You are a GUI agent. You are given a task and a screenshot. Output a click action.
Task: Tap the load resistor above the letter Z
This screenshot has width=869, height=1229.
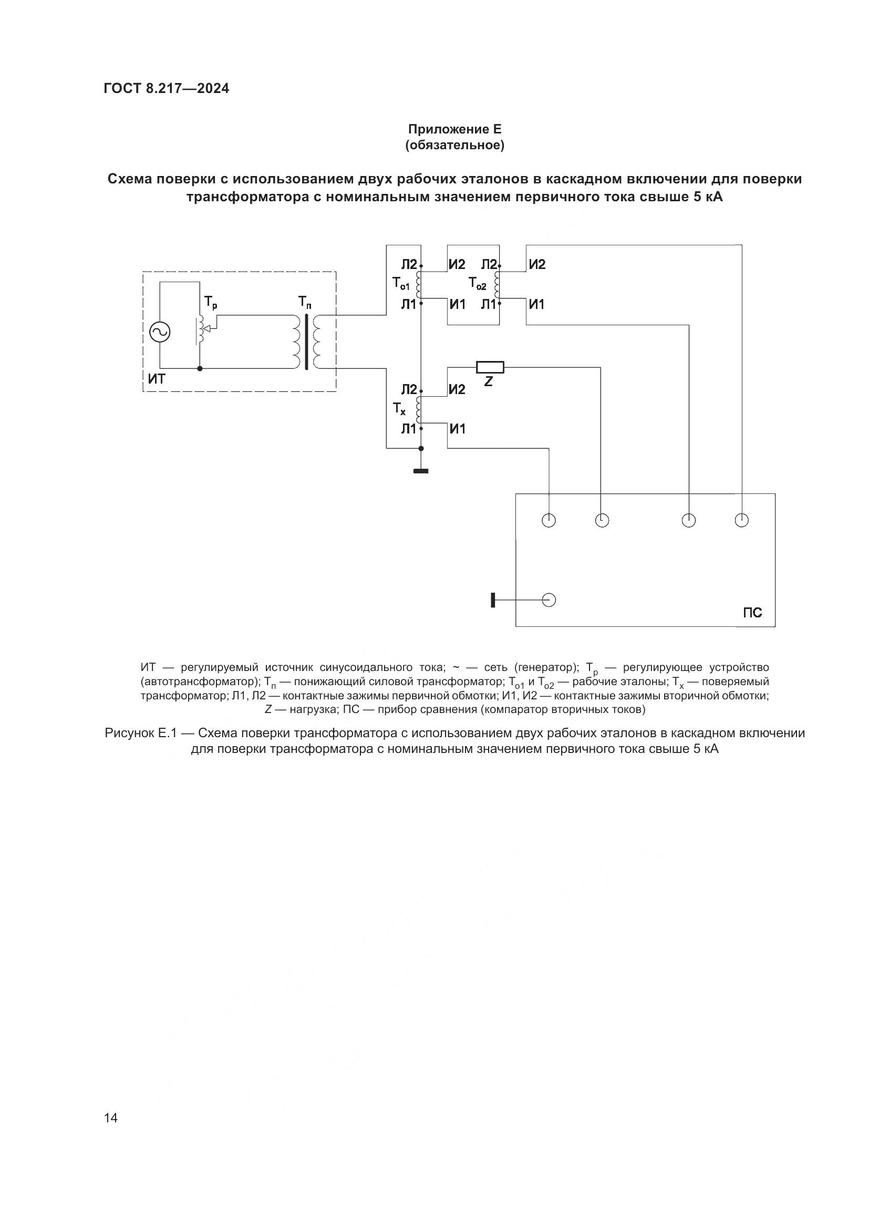coord(490,367)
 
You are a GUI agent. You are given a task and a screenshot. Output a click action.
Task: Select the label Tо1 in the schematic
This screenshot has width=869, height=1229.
coord(401,283)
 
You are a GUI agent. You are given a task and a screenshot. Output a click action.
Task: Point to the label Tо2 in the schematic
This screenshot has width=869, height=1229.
coord(477,283)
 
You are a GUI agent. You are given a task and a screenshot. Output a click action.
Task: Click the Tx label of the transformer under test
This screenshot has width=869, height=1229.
coord(399,409)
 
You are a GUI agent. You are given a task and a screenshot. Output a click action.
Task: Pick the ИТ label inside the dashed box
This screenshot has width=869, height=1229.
coord(157,379)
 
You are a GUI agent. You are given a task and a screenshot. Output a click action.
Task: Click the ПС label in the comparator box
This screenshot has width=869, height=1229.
coord(752,613)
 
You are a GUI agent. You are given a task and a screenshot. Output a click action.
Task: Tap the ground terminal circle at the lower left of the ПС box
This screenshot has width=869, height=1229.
coord(549,600)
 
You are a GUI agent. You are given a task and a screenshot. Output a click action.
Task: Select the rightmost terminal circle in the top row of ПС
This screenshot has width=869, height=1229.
coord(741,520)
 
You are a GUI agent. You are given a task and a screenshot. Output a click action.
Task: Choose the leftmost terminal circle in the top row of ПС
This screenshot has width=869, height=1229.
coord(549,520)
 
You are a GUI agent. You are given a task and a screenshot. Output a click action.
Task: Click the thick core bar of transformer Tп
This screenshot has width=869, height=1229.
coord(307,342)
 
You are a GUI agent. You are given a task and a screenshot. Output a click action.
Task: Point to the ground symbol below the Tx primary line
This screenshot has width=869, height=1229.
coord(421,471)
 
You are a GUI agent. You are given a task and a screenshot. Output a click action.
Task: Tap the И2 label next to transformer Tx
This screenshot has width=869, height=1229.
coord(457,390)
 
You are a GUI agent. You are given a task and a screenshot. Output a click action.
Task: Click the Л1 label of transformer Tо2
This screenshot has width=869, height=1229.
coord(489,305)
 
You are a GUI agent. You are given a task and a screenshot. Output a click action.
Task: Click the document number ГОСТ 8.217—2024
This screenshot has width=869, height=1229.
coord(167,88)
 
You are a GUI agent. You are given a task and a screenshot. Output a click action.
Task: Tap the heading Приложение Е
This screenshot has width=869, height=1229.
coord(454,129)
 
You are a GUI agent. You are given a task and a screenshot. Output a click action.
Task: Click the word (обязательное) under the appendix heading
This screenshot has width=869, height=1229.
coord(454,145)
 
